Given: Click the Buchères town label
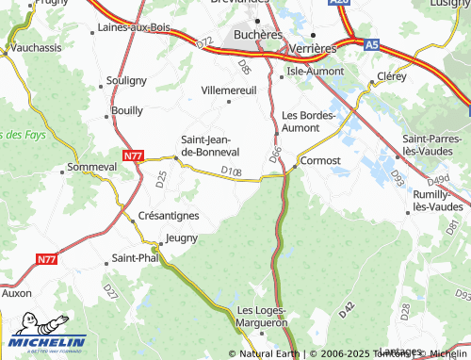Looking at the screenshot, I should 256,34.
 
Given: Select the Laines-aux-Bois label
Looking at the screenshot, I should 133,27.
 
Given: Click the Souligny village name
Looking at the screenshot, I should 127,81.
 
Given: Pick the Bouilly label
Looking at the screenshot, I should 127,110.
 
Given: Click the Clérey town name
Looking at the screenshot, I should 391,74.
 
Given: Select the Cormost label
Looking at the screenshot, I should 321,161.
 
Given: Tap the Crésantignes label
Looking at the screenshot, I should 168,216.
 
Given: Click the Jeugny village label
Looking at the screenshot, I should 182,238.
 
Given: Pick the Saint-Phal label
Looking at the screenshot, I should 136,257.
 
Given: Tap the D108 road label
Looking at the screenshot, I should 231,171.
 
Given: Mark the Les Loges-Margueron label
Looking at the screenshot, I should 262,316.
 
